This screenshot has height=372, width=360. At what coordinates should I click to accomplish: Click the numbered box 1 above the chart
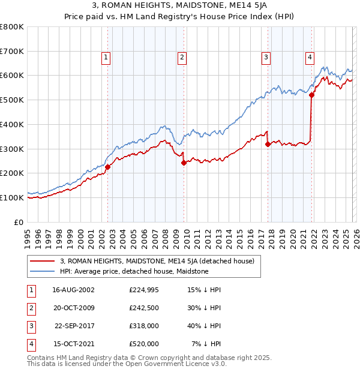pyautogui.click(x=106, y=58)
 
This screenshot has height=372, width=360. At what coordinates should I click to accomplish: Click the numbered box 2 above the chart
pyautogui.click(x=181, y=58)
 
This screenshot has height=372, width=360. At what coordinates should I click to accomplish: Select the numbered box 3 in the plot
pyautogui.click(x=265, y=58)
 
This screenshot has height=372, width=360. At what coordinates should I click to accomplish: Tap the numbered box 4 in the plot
pyautogui.click(x=310, y=58)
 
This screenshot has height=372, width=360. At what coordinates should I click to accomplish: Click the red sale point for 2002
pyautogui.click(x=108, y=167)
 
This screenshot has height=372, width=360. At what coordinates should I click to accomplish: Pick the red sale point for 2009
pyautogui.click(x=184, y=163)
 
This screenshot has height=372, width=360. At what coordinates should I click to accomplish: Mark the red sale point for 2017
pyautogui.click(x=268, y=144)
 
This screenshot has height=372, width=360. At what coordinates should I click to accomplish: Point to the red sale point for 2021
pyautogui.click(x=311, y=94)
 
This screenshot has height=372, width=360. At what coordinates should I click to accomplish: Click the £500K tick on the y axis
pyautogui.click(x=12, y=100)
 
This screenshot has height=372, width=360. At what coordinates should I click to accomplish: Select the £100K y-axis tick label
pyautogui.click(x=12, y=197)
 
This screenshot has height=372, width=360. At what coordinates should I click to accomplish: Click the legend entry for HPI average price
pyautogui.click(x=134, y=271)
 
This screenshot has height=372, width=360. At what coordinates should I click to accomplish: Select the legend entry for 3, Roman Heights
pyautogui.click(x=157, y=261)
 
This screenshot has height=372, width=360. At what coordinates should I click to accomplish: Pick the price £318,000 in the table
pyautogui.click(x=144, y=327)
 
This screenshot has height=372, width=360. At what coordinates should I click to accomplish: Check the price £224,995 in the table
pyautogui.click(x=144, y=290)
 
